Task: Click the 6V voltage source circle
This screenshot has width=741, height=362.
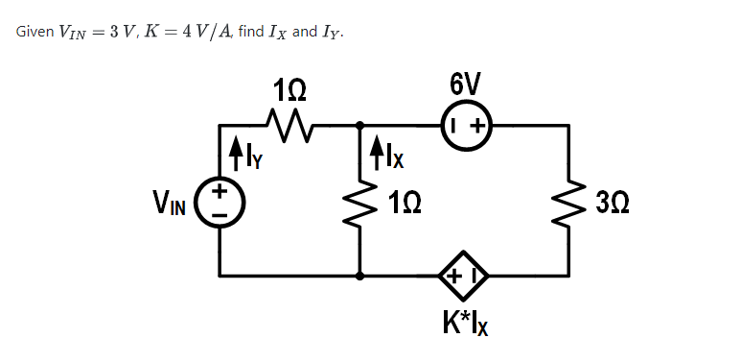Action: tap(465, 125)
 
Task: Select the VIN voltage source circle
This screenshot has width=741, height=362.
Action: tap(220, 201)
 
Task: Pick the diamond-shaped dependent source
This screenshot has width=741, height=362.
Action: tap(464, 276)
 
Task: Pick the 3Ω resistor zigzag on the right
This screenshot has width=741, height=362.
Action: tap(571, 202)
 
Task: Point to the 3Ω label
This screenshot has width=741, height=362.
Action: tap(612, 203)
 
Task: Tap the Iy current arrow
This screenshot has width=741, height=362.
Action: tap(235, 151)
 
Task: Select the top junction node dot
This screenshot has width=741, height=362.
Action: tap(360, 125)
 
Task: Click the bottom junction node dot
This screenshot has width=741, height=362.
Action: tap(360, 276)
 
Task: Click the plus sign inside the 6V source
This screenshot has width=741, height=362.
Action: tap(475, 125)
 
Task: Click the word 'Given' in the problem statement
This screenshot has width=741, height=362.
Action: tap(35, 32)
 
